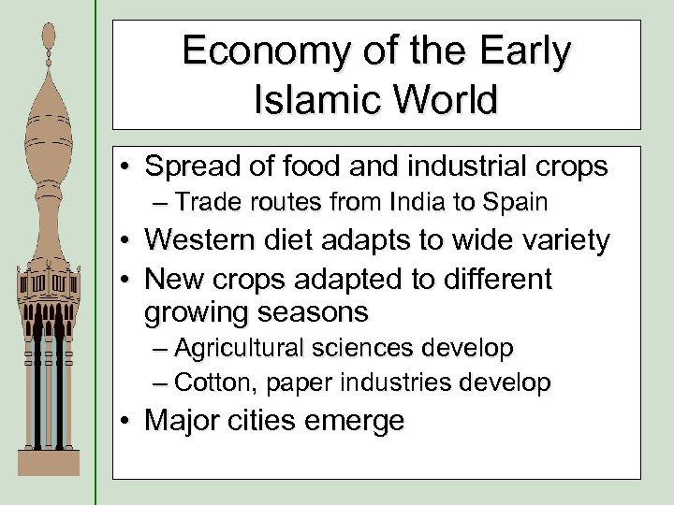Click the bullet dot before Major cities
(125, 422)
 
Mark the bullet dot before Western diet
(125, 241)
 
